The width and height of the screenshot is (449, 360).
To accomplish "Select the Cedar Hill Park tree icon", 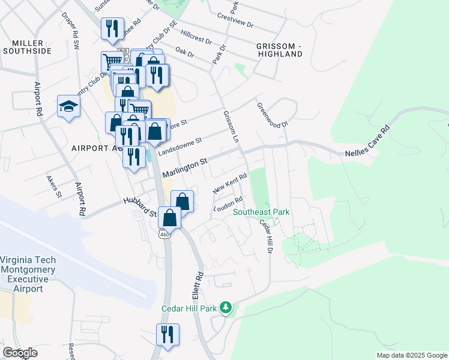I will point(226,307).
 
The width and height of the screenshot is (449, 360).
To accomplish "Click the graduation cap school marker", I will point(68,107).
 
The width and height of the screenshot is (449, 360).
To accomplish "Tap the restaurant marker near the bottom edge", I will point(167,334).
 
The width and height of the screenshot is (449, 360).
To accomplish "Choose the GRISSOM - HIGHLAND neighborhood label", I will point(279,50).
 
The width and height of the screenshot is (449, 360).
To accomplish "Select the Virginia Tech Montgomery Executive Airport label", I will point(28,274).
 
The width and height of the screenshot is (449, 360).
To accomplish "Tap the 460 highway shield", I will point(165,235).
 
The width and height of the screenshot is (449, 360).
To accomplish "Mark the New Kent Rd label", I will point(230,184).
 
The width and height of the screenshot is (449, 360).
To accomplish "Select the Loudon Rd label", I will point(228,205).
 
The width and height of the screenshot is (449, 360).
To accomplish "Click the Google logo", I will point(20,353).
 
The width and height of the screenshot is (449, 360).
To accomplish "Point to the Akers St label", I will point(54,185).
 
